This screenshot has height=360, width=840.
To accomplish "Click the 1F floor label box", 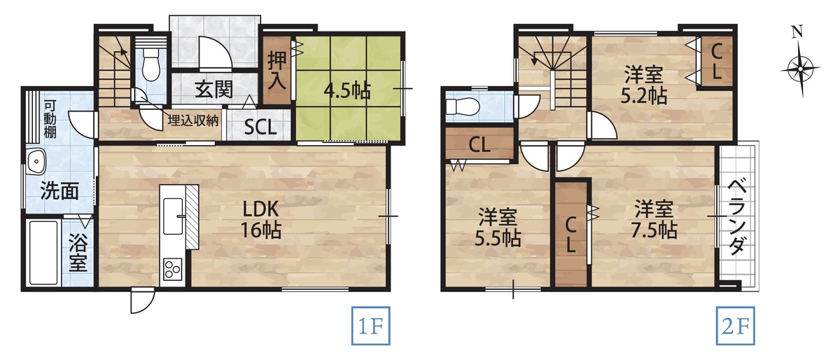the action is [x=370, y=326].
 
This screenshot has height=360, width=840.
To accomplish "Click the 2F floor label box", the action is [x=736, y=326].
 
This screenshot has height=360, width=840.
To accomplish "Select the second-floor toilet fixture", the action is [x=463, y=106].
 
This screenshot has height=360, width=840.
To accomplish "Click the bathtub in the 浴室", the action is [x=43, y=253].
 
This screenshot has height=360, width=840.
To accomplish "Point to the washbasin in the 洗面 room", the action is [x=36, y=162].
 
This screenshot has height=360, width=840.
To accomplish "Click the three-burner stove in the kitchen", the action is [x=172, y=269].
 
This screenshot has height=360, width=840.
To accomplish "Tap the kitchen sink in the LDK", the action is [x=174, y=216].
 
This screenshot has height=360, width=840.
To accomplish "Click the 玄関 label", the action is [x=214, y=90].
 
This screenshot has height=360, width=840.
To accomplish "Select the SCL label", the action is [x=260, y=127].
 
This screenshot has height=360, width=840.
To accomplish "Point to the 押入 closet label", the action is [x=277, y=70].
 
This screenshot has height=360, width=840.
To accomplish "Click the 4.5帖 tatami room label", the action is [x=347, y=90].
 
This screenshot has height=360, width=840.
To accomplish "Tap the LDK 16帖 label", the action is [x=261, y=220].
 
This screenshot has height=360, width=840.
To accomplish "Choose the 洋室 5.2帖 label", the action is [x=643, y=85].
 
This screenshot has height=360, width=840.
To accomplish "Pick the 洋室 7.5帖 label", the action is [x=654, y=220].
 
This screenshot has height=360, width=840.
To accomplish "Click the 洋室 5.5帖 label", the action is [x=498, y=227].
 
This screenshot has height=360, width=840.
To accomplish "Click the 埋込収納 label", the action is [x=192, y=120].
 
